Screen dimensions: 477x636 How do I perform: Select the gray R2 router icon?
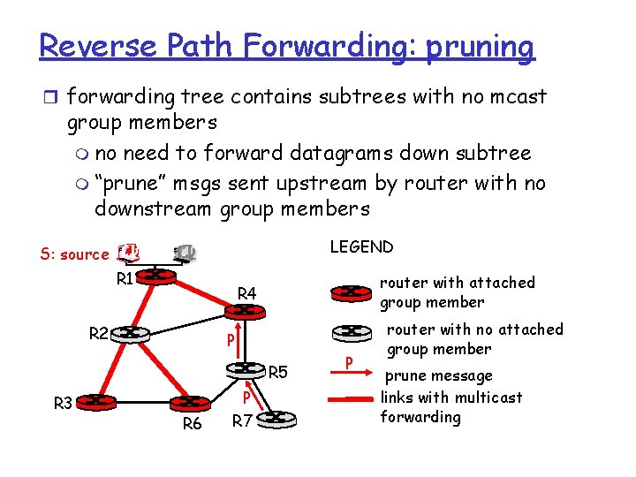click(x=130, y=333)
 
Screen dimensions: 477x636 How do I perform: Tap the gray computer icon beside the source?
click(x=185, y=253)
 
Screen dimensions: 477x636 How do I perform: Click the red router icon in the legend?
click(x=351, y=291)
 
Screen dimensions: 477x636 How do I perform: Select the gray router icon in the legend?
click(x=351, y=332)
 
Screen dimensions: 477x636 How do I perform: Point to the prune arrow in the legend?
click(x=351, y=362)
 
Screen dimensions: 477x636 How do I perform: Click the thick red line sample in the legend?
click(x=351, y=399)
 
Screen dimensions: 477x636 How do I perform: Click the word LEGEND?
click(x=361, y=246)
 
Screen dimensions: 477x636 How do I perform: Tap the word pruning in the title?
click(x=480, y=47)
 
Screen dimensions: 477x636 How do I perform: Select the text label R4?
click(x=247, y=292)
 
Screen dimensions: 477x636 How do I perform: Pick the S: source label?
click(x=74, y=254)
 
